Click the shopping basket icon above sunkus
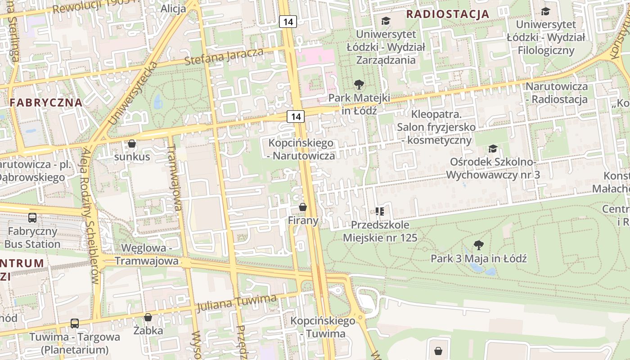click(x=132, y=144)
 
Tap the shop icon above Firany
click(x=303, y=207)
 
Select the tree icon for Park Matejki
click(x=359, y=84)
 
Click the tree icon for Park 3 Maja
click(x=478, y=245)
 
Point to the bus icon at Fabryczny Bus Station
click(x=32, y=218)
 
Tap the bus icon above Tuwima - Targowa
click(x=75, y=323)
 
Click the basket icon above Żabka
click(x=148, y=317)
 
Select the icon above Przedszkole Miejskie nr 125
click(x=380, y=211)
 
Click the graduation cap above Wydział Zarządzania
click(x=386, y=21)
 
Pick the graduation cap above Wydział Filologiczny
click(x=545, y=11)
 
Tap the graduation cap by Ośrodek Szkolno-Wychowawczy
click(x=493, y=148)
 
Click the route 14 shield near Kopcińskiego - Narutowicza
click(x=296, y=117)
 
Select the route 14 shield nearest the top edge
click(x=288, y=21)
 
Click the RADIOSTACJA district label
click(x=447, y=13)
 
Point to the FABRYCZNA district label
click(x=46, y=102)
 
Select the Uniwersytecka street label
click(x=133, y=93)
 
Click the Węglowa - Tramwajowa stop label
click(x=146, y=255)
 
